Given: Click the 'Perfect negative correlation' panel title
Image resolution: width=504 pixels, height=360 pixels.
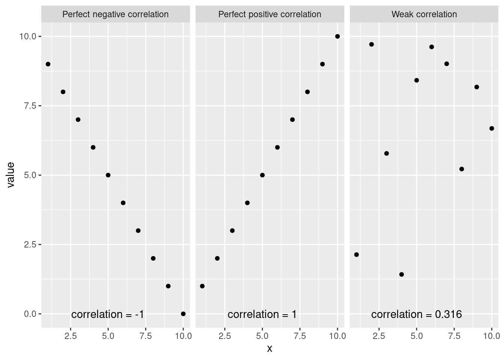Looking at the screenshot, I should pos(115,14).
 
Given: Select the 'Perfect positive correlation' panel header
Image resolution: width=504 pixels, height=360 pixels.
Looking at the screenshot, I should pos(270,14).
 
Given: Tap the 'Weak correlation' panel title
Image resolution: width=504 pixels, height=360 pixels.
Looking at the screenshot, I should pos(424,14).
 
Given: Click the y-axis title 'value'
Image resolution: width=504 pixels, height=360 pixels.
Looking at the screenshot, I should pos(10,175).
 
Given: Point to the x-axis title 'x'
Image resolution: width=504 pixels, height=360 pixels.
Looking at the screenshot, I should pos(269,348).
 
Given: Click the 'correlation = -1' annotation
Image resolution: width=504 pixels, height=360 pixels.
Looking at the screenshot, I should pos(108,314).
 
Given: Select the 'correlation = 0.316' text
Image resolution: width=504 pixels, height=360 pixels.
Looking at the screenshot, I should pos(416,314).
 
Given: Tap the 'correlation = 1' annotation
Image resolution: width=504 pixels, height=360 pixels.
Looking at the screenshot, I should pos(262,314).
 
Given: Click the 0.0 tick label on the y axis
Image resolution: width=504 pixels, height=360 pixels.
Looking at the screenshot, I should pos(30,314).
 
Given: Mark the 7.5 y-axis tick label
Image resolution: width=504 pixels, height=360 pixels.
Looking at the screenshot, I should pos(30,106).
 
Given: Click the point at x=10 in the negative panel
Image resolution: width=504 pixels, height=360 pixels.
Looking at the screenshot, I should pos(183,314).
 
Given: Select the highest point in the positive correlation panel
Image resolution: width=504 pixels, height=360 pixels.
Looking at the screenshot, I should pos(337,36).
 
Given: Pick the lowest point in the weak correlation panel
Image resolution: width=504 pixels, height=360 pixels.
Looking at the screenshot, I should pos(402,274).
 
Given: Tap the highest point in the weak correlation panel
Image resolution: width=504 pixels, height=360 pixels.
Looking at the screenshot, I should pos(372,44).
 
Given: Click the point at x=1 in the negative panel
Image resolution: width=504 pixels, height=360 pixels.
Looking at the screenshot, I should pos(48,64).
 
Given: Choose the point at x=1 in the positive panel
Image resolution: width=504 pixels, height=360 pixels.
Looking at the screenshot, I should pos(202,286).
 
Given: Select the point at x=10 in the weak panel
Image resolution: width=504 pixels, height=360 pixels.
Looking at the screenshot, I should pos(492,128).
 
